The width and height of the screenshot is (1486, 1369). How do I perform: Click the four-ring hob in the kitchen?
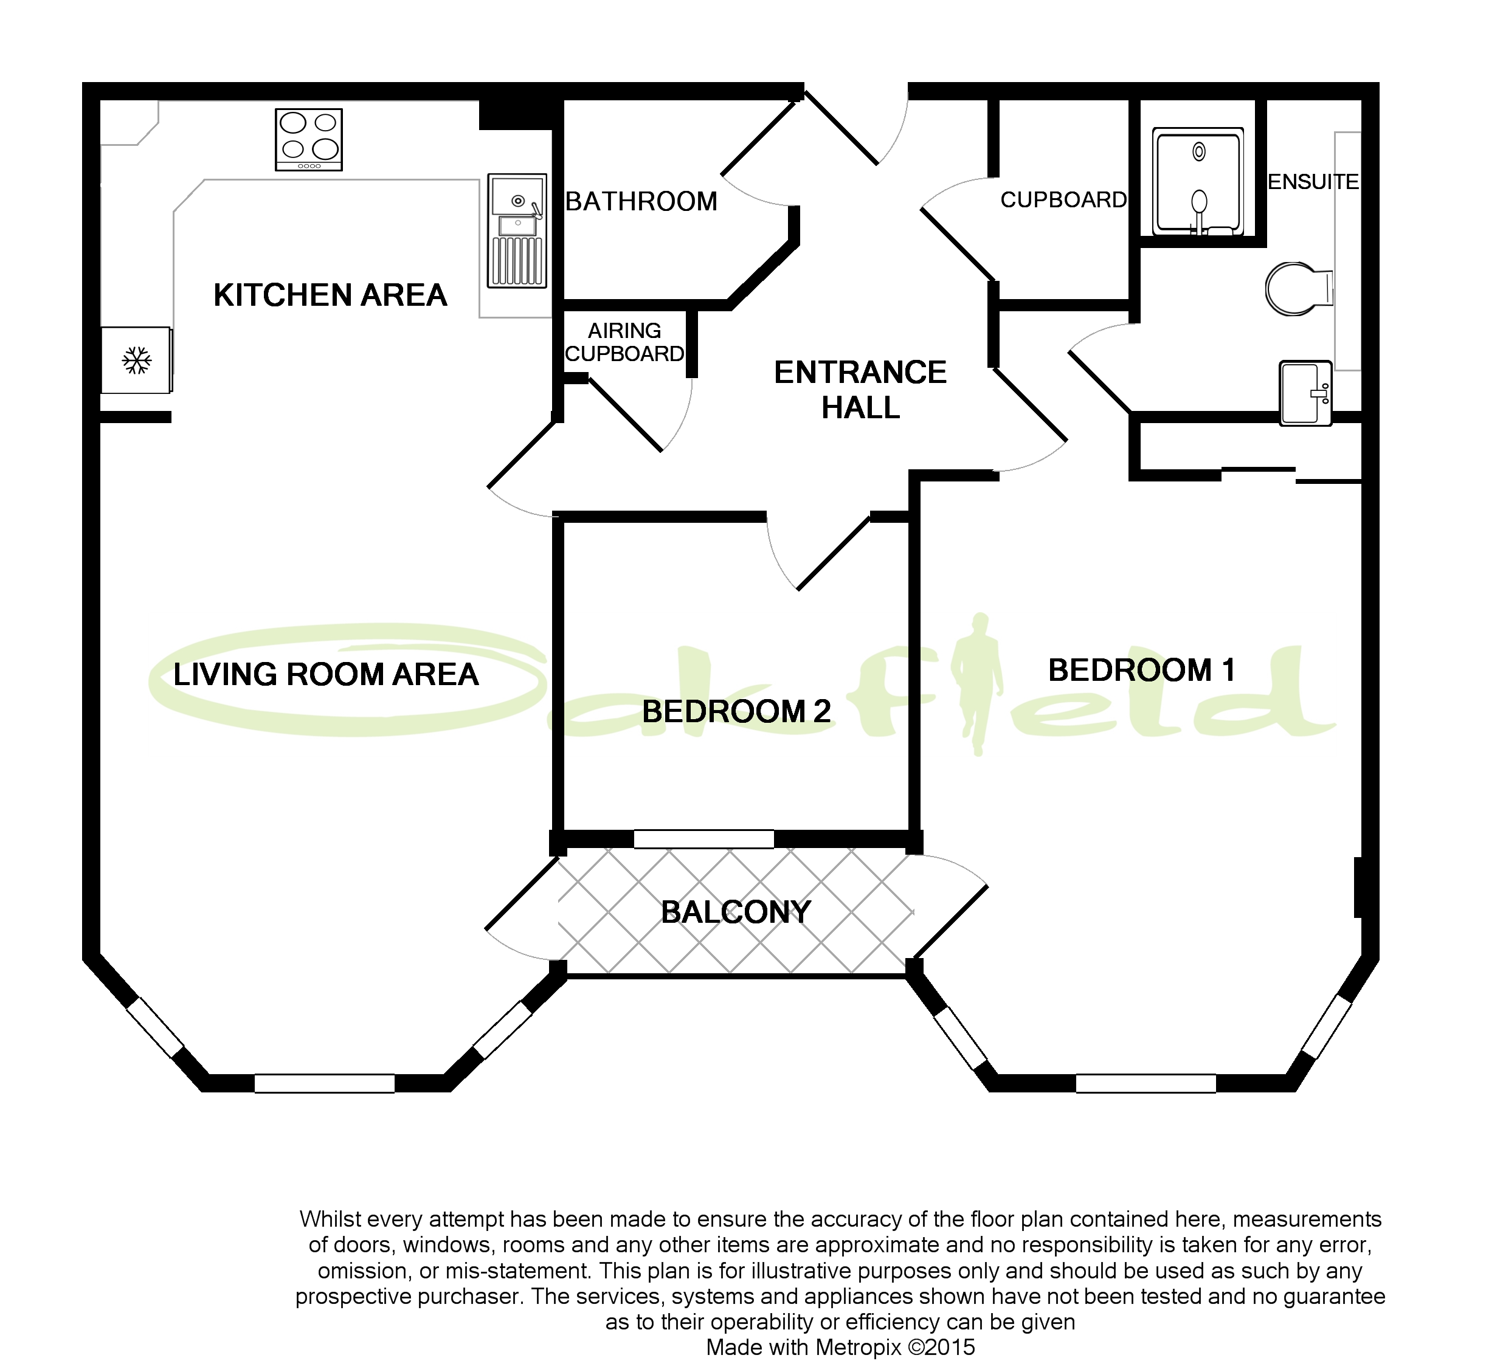(309, 139)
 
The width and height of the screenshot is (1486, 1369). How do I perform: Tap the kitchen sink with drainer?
(517, 230)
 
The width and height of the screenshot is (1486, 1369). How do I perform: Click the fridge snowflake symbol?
(136, 360)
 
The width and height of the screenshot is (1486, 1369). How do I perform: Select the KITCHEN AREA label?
(330, 295)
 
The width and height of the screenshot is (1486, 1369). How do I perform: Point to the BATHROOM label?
(641, 201)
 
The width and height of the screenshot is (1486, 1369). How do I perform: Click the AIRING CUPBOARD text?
(624, 342)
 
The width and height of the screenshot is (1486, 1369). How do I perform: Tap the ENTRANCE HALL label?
(860, 390)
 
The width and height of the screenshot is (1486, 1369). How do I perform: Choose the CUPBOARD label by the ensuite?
(1063, 200)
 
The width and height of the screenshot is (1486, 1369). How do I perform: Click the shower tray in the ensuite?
(1198, 182)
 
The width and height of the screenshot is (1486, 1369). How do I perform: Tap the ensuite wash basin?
(1305, 393)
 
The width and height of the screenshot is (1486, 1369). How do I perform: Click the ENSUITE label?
(1313, 182)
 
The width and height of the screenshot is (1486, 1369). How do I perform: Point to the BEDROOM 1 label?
(1141, 671)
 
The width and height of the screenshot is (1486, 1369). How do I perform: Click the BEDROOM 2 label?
(736, 711)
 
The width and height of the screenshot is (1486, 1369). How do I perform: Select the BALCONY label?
(736, 912)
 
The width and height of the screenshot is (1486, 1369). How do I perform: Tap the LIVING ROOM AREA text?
(326, 674)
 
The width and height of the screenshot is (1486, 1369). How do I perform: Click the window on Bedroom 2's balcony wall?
(703, 838)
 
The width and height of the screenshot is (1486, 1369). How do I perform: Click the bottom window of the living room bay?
(325, 1083)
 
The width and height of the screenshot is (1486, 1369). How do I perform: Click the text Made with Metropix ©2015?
(840, 1347)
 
